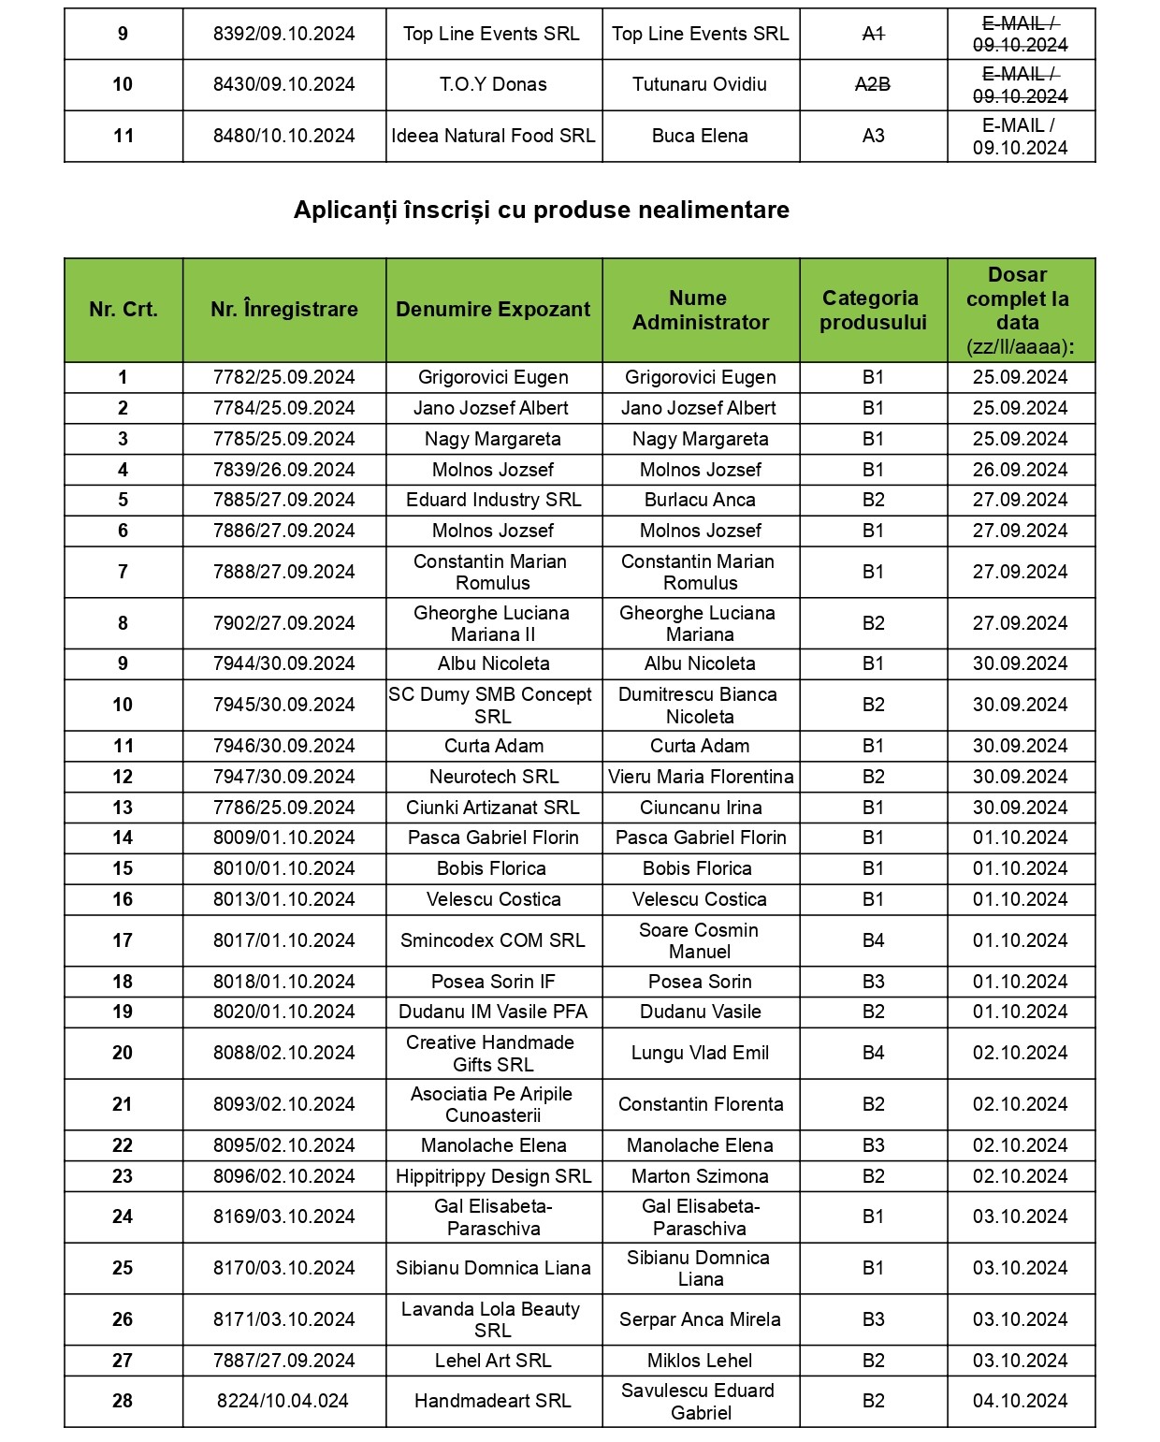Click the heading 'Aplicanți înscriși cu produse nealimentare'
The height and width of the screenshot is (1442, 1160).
(541, 210)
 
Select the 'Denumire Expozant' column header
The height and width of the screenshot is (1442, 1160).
(493, 310)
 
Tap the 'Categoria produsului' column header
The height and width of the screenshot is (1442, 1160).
(873, 310)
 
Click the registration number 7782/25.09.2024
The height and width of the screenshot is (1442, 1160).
(283, 377)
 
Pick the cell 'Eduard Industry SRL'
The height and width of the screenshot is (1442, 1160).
(493, 500)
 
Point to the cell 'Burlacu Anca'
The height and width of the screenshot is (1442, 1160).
(700, 500)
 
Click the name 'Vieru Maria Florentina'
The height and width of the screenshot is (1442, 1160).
(700, 777)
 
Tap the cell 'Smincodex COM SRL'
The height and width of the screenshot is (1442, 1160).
(492, 940)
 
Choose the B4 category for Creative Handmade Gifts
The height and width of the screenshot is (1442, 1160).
(873, 1053)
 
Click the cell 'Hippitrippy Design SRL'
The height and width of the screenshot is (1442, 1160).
(493, 1176)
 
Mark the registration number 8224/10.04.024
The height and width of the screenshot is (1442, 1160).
(283, 1401)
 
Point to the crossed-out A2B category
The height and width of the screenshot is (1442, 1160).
(873, 84)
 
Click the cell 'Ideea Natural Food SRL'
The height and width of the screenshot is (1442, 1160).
(493, 136)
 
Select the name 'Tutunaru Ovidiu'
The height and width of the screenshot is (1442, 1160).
(700, 84)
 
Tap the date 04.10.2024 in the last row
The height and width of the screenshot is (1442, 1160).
(1020, 1401)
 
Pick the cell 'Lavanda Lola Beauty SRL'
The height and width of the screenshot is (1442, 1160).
(491, 1319)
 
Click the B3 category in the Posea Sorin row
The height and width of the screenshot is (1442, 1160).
(873, 982)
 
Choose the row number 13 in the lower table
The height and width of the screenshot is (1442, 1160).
(123, 808)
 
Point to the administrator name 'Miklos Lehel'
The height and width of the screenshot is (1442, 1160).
(700, 1361)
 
